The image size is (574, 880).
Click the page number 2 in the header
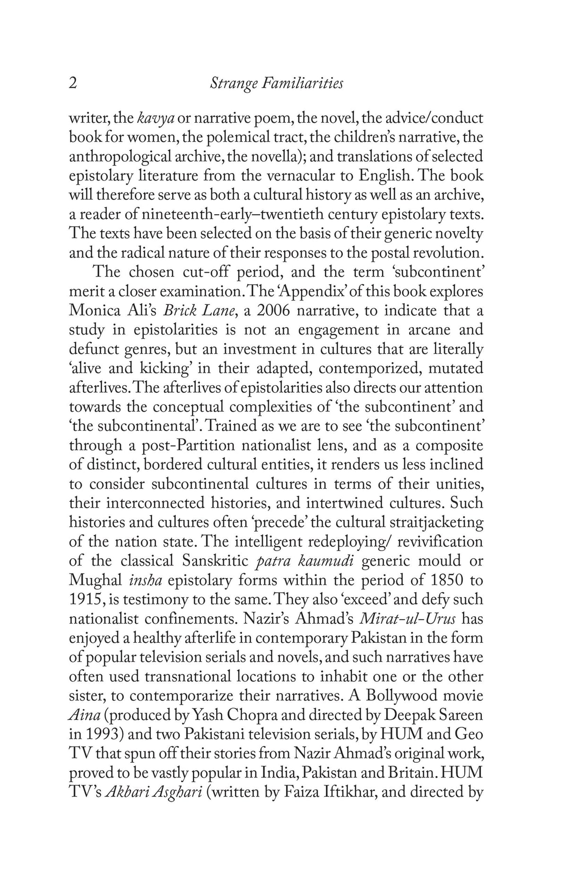click(73, 83)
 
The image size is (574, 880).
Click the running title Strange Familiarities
click(276, 84)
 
